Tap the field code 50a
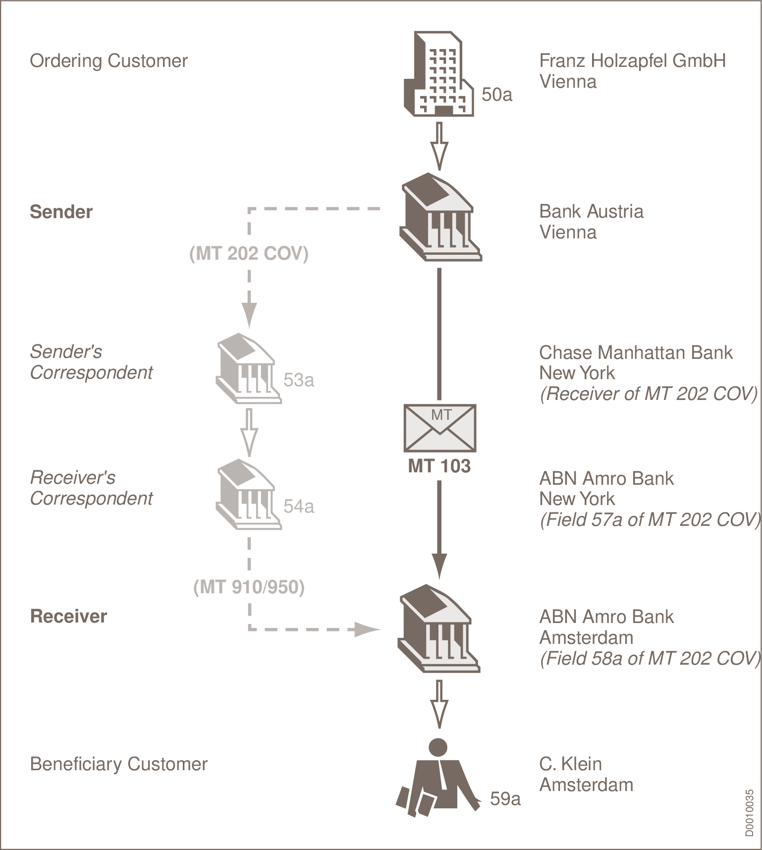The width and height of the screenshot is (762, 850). [x=496, y=94]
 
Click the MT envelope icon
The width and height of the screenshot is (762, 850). [x=440, y=428]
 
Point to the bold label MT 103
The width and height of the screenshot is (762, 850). [x=439, y=466]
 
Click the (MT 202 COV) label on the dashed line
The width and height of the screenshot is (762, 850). [x=249, y=253]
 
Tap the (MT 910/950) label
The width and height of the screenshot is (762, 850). [x=249, y=587]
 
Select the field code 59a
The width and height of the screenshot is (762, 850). [x=505, y=798]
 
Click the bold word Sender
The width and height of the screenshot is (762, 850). [x=61, y=212]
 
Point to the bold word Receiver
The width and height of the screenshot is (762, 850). [x=68, y=616]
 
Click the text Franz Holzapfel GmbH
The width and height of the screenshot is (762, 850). [x=632, y=60]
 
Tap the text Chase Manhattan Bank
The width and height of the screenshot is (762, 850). [x=635, y=352]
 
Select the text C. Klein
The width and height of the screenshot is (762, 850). [x=570, y=764]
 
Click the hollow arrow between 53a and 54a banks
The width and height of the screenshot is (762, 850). [x=249, y=432]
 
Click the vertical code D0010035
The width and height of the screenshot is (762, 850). [x=750, y=813]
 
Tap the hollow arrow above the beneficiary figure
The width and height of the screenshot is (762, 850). [x=439, y=704]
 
